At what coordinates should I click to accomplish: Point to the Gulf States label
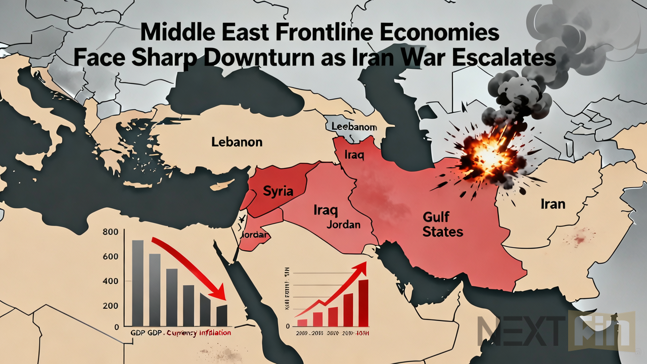(x=443, y=225)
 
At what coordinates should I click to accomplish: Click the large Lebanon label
(x=237, y=142)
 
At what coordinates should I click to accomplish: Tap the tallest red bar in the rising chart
(x=363, y=302)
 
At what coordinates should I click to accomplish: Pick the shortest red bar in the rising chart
(x=302, y=322)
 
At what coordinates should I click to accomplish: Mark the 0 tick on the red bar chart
(x=288, y=327)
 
